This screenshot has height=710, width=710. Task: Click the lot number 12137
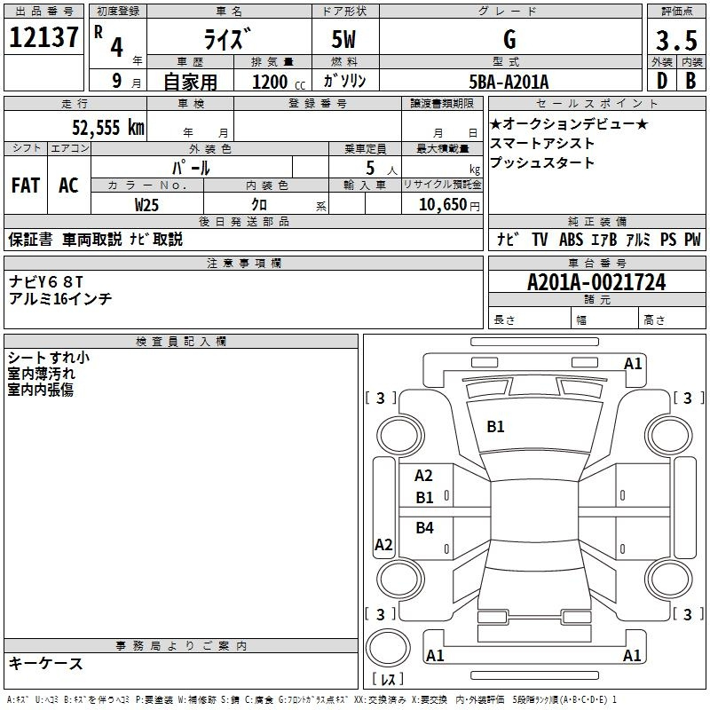43,37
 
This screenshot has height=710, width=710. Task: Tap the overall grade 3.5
676,41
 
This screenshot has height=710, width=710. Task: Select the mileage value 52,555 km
108,128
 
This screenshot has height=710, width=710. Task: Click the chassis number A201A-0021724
596,282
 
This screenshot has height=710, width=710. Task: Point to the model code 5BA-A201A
509,82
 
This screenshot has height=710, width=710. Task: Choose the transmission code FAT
26,185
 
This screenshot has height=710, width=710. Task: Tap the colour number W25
146,205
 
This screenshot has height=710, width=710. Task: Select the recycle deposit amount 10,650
442,205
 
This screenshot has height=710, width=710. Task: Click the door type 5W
343,39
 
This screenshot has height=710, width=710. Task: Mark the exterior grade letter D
662,81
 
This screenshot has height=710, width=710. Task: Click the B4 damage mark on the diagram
425,527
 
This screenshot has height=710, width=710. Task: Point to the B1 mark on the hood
495,427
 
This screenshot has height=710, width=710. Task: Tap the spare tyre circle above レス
388,648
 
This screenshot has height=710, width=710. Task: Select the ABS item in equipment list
571,240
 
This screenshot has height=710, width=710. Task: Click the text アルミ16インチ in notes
60,299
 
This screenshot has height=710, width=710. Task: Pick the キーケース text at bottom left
45,664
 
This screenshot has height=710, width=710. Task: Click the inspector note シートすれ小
49,358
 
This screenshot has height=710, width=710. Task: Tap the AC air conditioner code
68,185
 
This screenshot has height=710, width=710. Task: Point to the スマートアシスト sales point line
542,144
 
